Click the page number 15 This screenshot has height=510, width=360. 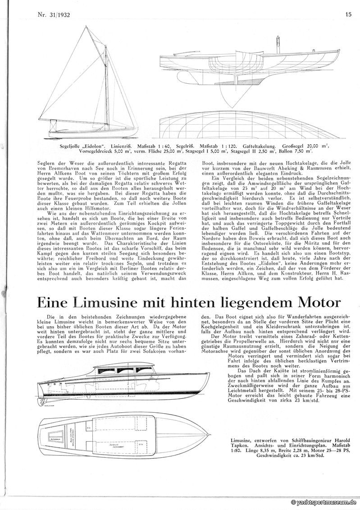tap(348, 14)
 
